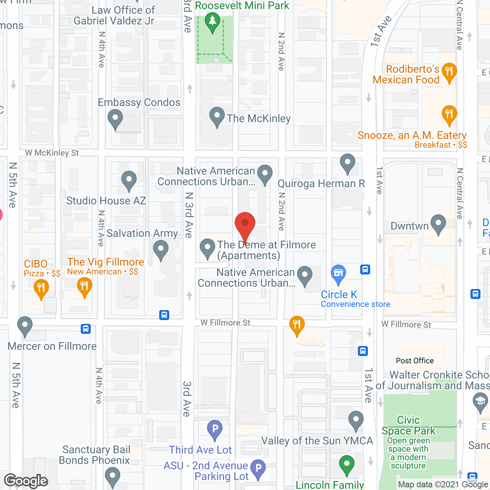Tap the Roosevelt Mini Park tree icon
(x=212, y=22)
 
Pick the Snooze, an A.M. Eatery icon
(x=449, y=115)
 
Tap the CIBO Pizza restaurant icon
(x=41, y=289)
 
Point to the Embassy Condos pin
(x=115, y=119)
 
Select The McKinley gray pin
(x=217, y=116)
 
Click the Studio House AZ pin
(x=129, y=180)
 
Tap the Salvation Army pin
(x=161, y=250)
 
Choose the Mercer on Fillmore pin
(x=25, y=326)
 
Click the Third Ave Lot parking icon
(x=215, y=430)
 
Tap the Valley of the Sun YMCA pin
(x=356, y=420)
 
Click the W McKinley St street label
(x=52, y=153)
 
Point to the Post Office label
(x=415, y=361)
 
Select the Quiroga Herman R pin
(x=348, y=163)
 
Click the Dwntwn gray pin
(x=438, y=224)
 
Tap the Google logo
(x=26, y=481)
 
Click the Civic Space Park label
(x=408, y=425)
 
